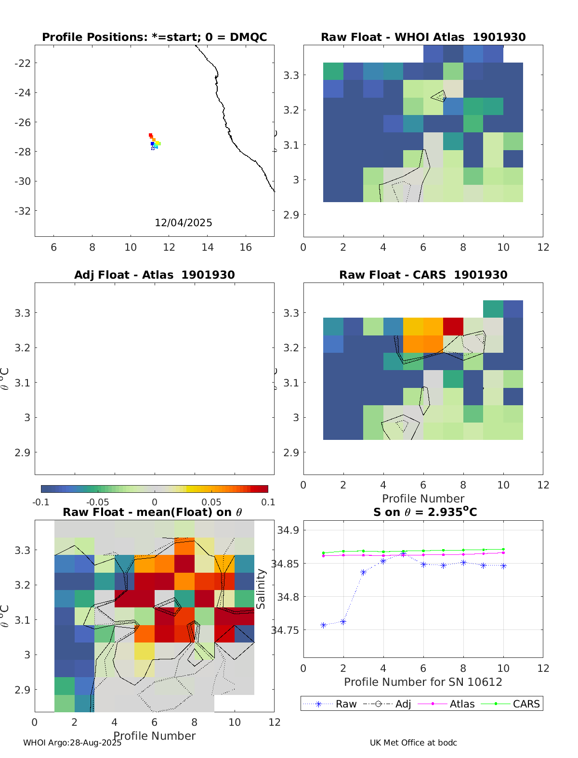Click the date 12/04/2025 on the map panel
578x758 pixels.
[183, 223]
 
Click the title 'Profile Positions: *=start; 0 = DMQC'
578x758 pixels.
[154, 37]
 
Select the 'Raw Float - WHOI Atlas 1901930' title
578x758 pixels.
[423, 37]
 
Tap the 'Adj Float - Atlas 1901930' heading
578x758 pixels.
[154, 275]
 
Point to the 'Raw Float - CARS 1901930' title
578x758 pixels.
[423, 275]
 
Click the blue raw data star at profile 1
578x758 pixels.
[324, 625]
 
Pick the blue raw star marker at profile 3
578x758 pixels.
[364, 572]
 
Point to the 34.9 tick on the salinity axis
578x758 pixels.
[288, 530]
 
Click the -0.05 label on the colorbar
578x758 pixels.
[97, 502]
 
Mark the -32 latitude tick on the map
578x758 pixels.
[23, 211]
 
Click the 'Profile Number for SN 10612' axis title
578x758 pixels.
[423, 682]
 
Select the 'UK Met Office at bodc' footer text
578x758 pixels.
[413, 743]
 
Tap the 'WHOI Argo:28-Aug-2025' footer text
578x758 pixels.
[72, 743]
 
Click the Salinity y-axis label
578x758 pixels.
[261, 589]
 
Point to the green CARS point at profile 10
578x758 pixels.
[503, 549]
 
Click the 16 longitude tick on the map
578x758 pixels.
[246, 247]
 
